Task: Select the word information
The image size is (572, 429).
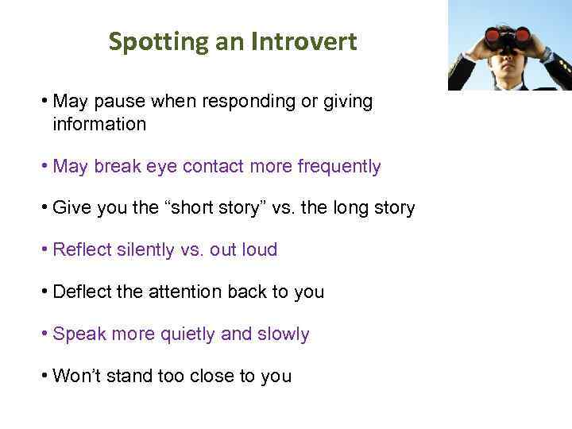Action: coord(99,124)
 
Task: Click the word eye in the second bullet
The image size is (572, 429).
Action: coord(161,167)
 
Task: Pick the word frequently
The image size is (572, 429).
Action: coord(338,167)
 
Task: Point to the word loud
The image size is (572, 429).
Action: coord(259,250)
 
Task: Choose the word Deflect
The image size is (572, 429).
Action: coord(81,292)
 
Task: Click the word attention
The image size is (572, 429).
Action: coord(185,292)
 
